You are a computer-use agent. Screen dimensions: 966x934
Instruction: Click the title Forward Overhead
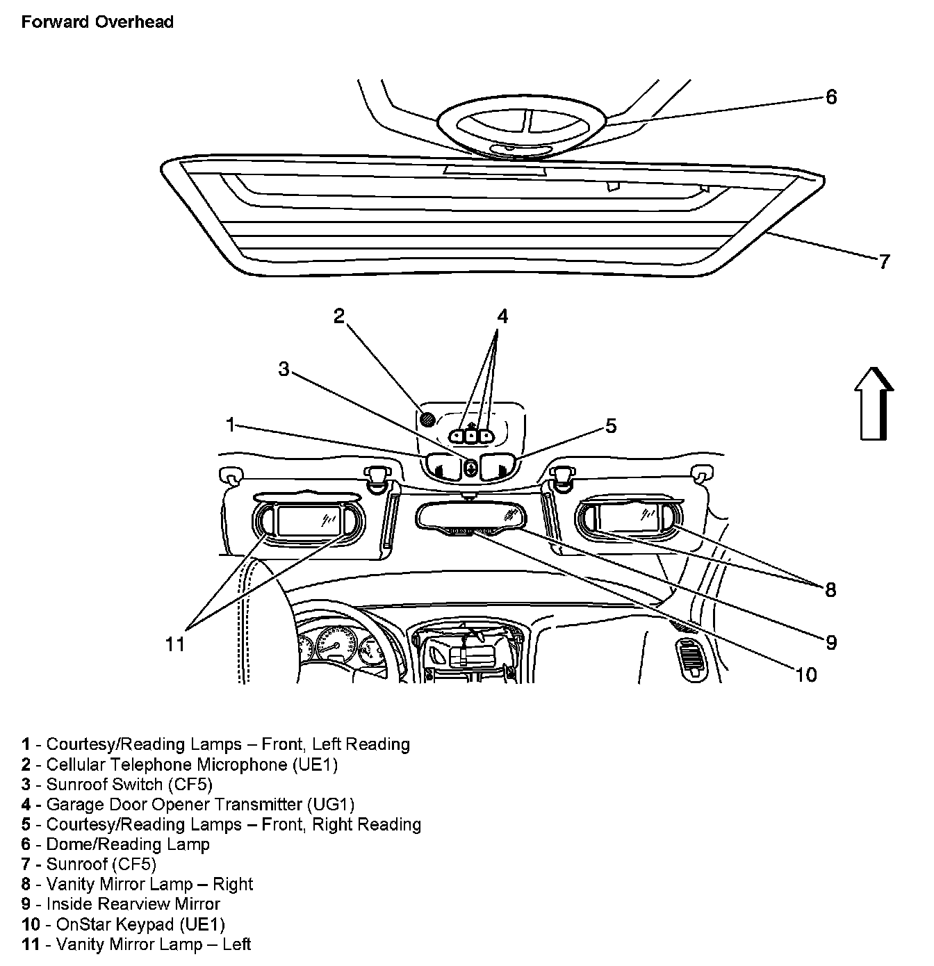(x=97, y=22)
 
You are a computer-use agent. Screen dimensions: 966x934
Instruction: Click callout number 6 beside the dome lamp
(x=831, y=97)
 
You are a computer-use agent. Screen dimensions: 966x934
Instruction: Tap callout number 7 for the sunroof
(x=883, y=262)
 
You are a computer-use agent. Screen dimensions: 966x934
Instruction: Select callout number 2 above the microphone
(x=338, y=317)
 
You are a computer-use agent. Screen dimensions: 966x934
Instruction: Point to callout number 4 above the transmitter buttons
(x=502, y=317)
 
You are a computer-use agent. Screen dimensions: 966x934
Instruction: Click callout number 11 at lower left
(x=175, y=645)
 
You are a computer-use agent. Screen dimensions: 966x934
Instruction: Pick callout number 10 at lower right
(x=806, y=675)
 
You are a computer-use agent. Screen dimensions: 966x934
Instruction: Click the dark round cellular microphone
(x=428, y=419)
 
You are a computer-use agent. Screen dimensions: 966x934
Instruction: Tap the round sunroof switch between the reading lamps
(x=470, y=468)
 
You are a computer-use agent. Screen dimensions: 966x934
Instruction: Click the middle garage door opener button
(x=471, y=436)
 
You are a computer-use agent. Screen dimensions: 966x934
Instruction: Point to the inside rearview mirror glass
(x=470, y=516)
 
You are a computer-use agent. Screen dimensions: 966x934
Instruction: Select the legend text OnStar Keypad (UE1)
(x=136, y=924)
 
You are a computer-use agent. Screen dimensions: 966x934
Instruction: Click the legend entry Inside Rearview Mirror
(x=133, y=904)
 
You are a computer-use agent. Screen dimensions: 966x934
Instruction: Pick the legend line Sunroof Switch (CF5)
(x=129, y=785)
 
